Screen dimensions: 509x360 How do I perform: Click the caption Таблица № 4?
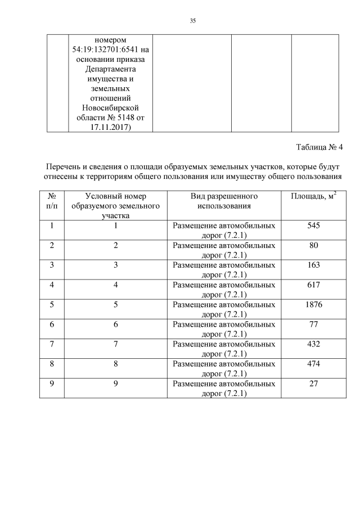coord(319,147)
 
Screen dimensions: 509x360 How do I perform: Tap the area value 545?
coord(314,226)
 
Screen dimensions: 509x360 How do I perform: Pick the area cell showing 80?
coord(314,245)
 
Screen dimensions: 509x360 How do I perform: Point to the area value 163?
coord(314,265)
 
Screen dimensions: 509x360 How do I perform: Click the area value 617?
coord(314,285)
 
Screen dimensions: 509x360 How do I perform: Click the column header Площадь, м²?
coord(314,196)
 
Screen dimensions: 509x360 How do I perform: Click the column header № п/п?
coord(52,201)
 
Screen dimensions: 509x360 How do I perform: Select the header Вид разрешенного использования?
coord(223,201)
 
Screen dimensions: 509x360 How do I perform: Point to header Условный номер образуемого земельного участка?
coord(116,205)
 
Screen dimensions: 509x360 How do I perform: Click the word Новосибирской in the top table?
coord(110,108)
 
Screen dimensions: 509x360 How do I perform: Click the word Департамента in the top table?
coord(110,70)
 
